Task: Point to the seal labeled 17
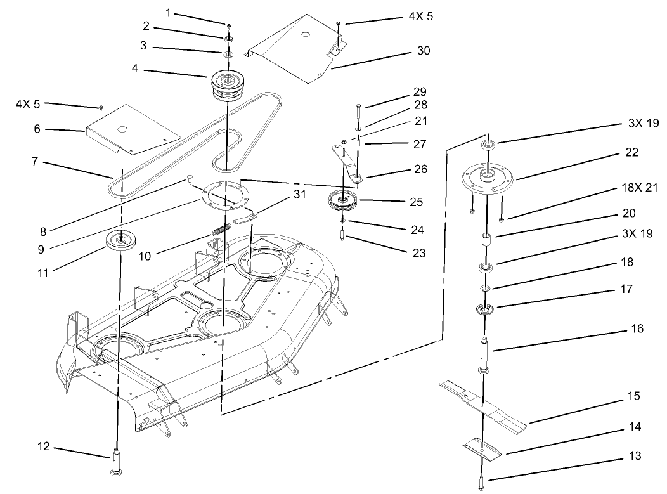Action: [x=485, y=311]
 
